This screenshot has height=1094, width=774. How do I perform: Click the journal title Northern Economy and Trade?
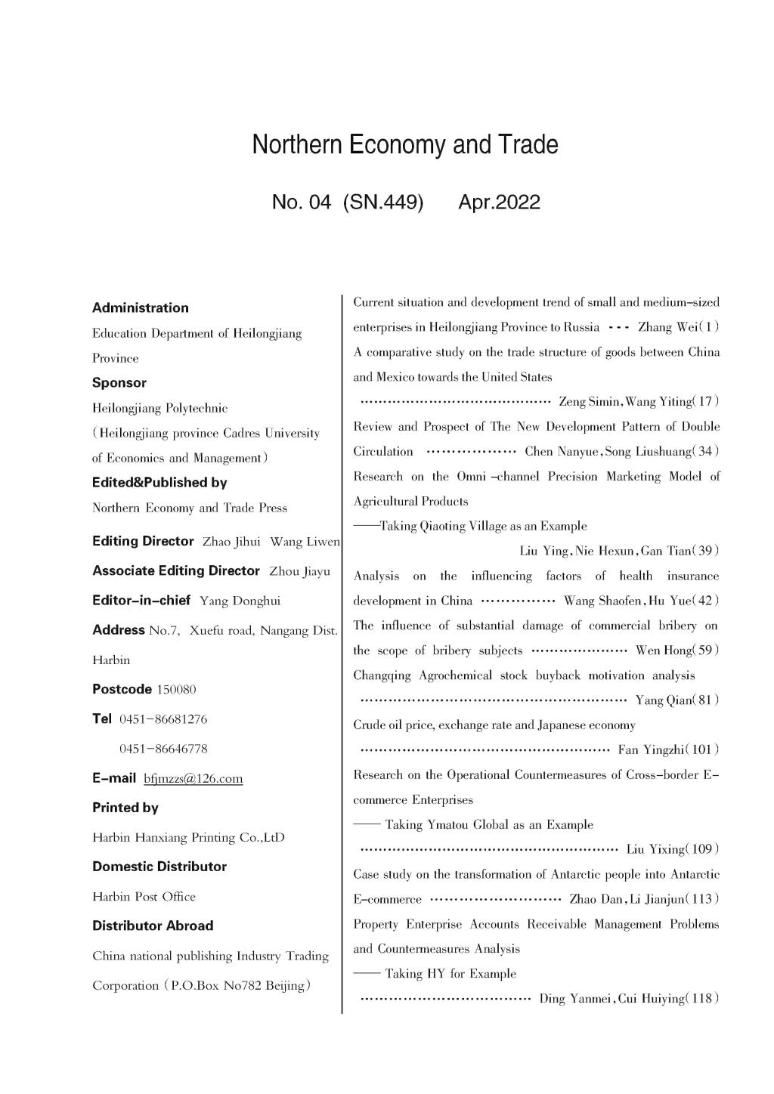click(x=405, y=144)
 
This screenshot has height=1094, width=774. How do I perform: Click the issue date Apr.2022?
click(x=499, y=202)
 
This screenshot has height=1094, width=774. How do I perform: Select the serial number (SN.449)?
click(x=382, y=202)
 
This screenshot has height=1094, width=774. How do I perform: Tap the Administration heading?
click(x=141, y=307)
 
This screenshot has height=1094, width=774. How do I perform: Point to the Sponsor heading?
click(x=119, y=382)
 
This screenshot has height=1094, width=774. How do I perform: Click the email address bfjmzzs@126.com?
click(x=193, y=778)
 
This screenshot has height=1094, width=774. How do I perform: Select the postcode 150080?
click(x=176, y=689)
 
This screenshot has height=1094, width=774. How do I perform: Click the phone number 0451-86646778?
click(x=163, y=749)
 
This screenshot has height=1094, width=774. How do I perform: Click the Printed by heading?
click(x=125, y=808)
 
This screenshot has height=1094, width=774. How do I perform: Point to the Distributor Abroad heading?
click(x=153, y=926)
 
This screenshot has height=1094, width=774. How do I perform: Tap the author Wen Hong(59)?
click(x=677, y=651)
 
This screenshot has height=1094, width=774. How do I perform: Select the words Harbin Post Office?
click(x=144, y=897)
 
